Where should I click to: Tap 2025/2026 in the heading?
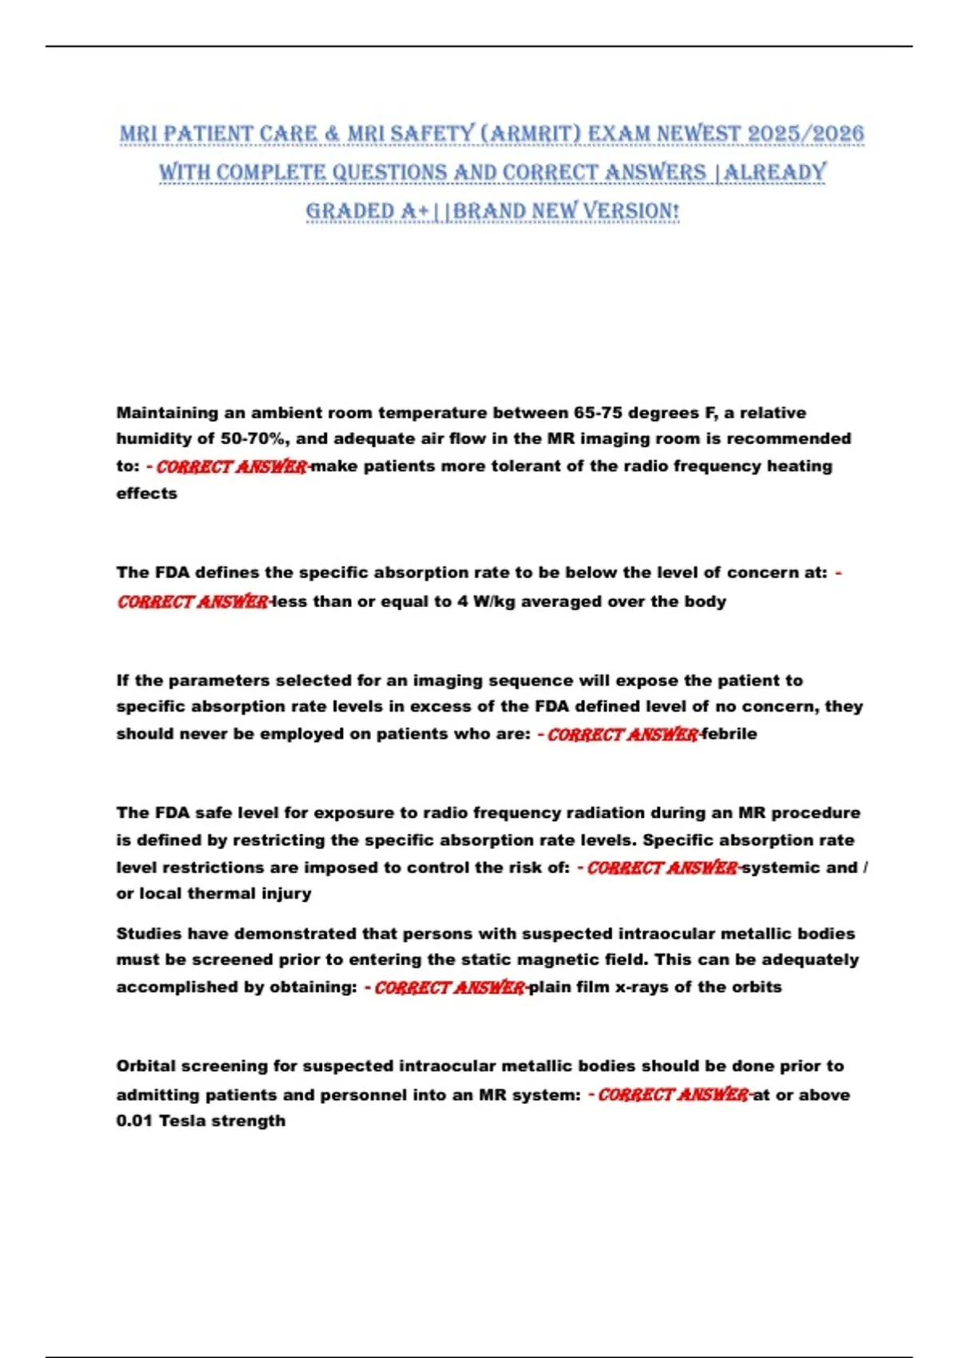pyautogui.click(x=806, y=133)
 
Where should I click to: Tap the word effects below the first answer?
pyautogui.click(x=147, y=494)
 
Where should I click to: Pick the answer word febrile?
pyautogui.click(x=729, y=734)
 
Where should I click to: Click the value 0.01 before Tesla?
pyautogui.click(x=134, y=1121)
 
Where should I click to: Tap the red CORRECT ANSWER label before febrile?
pyautogui.click(x=623, y=734)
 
